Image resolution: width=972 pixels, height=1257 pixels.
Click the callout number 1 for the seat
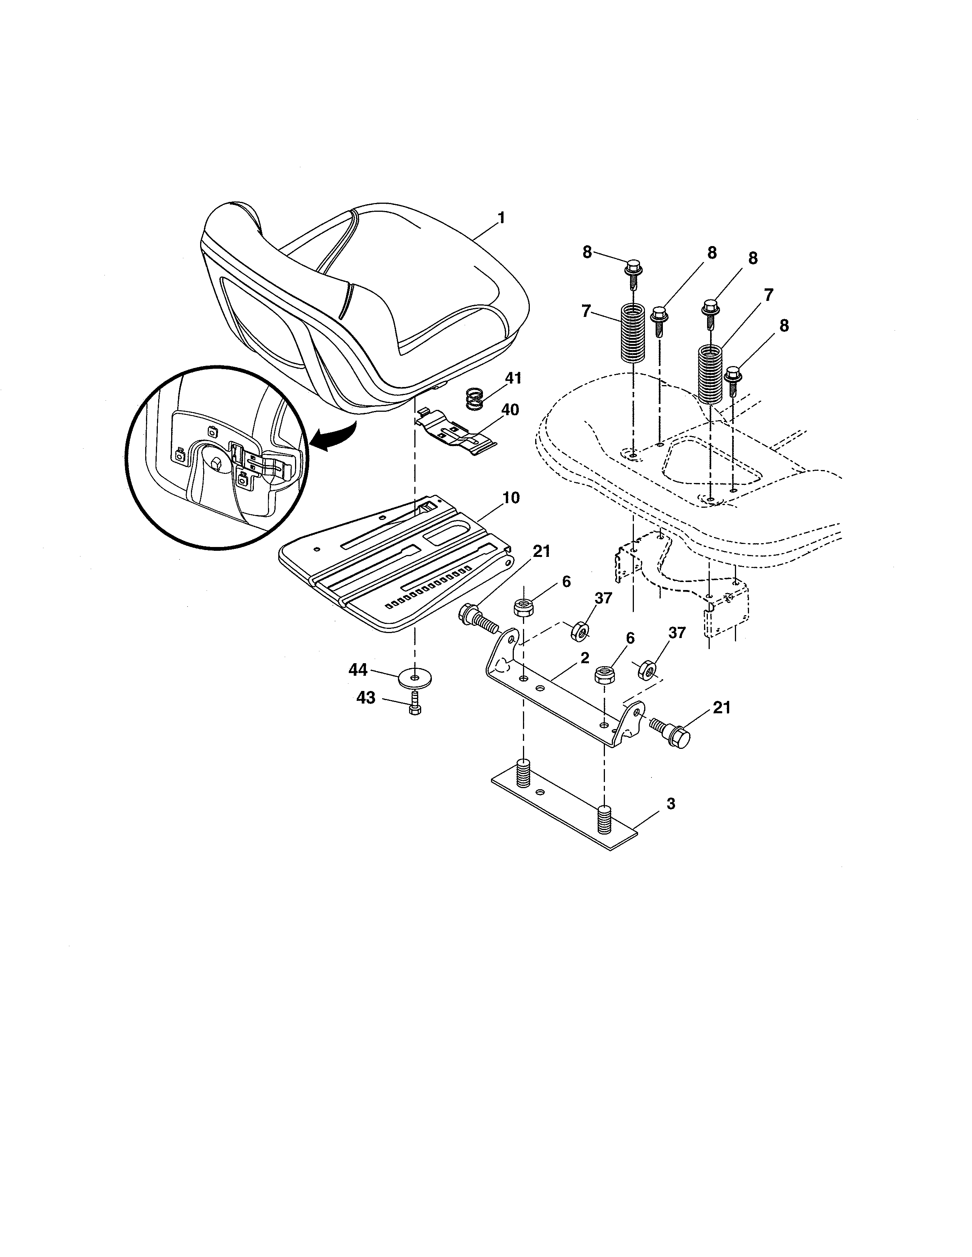point(501,218)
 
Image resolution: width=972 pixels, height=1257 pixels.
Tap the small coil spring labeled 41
point(474,398)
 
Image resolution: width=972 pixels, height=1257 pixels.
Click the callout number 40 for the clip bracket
point(510,410)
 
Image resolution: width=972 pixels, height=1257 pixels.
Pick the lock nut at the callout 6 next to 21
point(523,607)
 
